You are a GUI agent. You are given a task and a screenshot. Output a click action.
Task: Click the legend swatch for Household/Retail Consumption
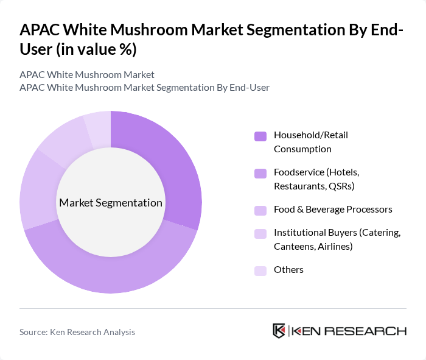pyautogui.click(x=260, y=136)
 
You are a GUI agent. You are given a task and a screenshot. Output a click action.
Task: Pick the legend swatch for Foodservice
pyautogui.click(x=260, y=173)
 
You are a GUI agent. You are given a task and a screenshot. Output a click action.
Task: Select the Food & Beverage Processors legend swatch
pyautogui.click(x=260, y=210)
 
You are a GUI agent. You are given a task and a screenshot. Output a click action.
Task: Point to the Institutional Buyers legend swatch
pyautogui.click(x=260, y=233)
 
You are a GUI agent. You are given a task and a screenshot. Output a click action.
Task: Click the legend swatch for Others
pyautogui.click(x=260, y=270)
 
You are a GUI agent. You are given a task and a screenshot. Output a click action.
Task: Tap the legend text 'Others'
pyautogui.click(x=288, y=270)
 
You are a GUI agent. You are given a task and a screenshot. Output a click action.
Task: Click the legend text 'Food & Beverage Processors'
pyautogui.click(x=333, y=210)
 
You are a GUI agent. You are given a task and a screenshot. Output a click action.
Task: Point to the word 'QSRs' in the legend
pyautogui.click(x=342, y=186)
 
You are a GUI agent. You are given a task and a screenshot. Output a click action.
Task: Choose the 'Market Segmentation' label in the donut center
pyautogui.click(x=111, y=203)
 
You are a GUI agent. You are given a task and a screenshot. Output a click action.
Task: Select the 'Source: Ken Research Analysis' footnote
pyautogui.click(x=77, y=332)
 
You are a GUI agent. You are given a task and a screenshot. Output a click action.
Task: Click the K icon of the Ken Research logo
pyautogui.click(x=279, y=331)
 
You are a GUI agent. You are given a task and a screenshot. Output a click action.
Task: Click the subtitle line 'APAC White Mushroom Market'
pyautogui.click(x=87, y=74)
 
